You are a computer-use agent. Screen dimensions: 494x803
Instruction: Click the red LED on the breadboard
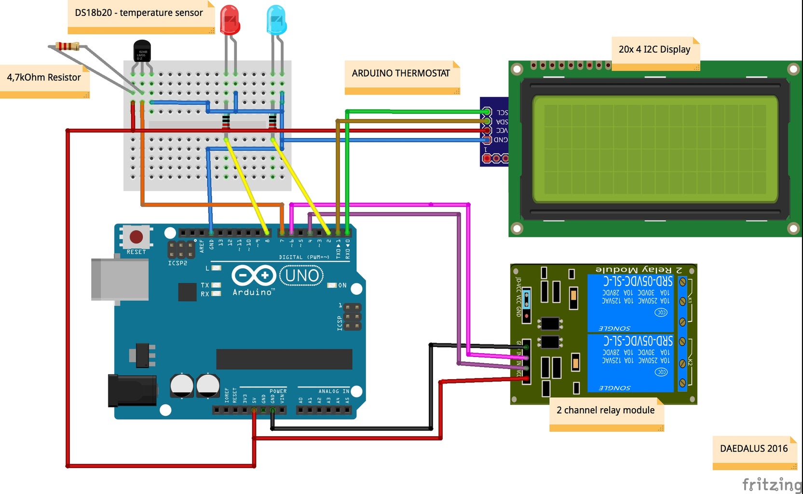click(x=230, y=20)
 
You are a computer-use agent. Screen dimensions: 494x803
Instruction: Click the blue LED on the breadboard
click(x=276, y=20)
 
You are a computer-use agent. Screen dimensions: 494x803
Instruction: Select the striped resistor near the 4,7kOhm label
click(x=68, y=46)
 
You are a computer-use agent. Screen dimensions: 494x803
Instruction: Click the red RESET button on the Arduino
click(x=136, y=236)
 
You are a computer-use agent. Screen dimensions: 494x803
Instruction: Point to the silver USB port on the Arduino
click(x=120, y=279)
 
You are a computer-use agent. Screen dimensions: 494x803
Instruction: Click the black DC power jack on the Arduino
click(x=132, y=390)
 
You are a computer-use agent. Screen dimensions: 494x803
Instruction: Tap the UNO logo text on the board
click(x=302, y=275)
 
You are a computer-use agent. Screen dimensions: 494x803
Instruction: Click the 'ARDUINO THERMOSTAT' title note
click(x=401, y=73)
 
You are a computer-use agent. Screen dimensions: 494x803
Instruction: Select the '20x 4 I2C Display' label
click(x=654, y=49)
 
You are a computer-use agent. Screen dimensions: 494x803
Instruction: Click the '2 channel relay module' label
click(x=605, y=410)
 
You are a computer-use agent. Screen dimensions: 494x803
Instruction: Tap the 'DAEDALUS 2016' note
click(x=753, y=448)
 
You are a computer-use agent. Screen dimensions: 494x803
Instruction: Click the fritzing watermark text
click(x=771, y=484)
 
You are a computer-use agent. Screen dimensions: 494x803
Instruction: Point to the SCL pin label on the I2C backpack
click(x=502, y=112)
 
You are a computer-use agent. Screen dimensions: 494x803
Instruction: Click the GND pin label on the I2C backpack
click(x=501, y=140)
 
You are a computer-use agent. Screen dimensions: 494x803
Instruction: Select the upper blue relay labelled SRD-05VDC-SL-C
click(x=631, y=302)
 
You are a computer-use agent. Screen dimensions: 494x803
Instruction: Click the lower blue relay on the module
click(x=631, y=363)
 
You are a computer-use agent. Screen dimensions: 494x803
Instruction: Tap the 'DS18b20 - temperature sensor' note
click(x=139, y=13)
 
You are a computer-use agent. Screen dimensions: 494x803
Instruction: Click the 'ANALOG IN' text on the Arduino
click(x=333, y=391)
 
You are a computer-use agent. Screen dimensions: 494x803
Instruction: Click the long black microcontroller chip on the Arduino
click(x=284, y=359)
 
